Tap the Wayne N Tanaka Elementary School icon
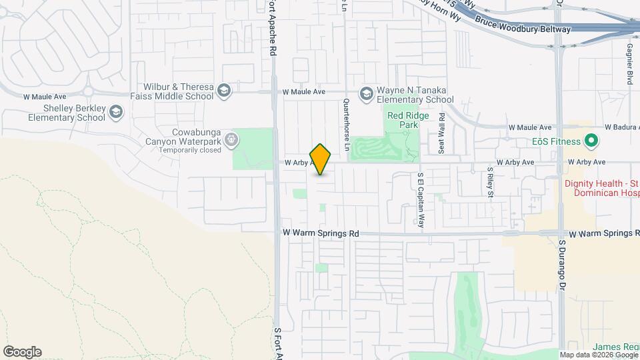366,94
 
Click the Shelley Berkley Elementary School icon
117,112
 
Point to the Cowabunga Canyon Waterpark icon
231,139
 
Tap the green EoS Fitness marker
590,141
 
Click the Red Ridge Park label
403,120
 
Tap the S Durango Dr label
562,265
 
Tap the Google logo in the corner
22,352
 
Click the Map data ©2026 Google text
599,355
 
